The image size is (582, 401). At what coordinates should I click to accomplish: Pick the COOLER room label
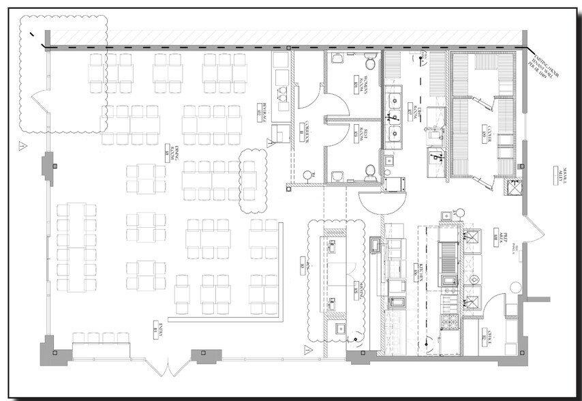tap(489, 134)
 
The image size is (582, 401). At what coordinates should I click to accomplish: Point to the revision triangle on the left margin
tap(22, 145)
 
